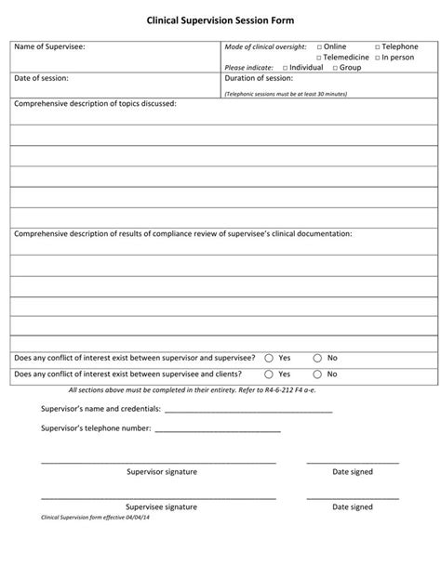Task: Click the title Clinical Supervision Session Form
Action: click(220, 19)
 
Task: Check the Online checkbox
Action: click(318, 46)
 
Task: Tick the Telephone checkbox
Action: click(377, 46)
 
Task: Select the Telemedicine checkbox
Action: click(318, 57)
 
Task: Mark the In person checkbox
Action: click(377, 57)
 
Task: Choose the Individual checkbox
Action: click(285, 68)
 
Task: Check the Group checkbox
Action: click(335, 68)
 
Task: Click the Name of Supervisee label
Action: click(50, 46)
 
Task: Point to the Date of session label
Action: click(43, 79)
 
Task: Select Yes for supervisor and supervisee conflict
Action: click(269, 358)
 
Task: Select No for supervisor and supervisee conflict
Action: click(317, 358)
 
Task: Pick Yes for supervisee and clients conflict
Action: click(269, 374)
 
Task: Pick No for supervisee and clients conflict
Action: click(317, 374)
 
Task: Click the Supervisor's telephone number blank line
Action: click(218, 429)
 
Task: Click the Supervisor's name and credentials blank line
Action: click(248, 409)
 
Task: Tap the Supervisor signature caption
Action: click(161, 472)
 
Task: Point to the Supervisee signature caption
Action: click(161, 507)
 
